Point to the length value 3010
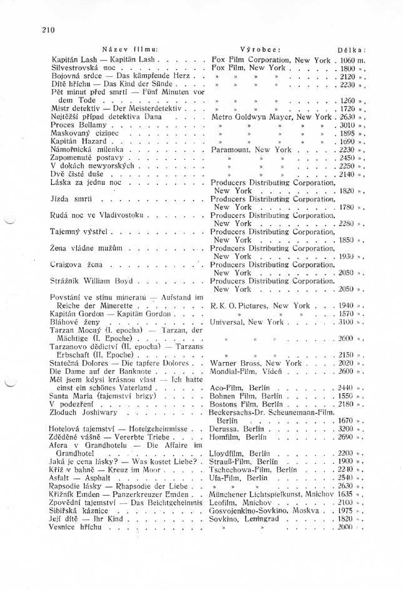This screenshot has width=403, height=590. click(x=347, y=125)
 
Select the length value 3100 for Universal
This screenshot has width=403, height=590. click(x=347, y=322)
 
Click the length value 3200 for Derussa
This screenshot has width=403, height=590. click(x=347, y=428)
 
